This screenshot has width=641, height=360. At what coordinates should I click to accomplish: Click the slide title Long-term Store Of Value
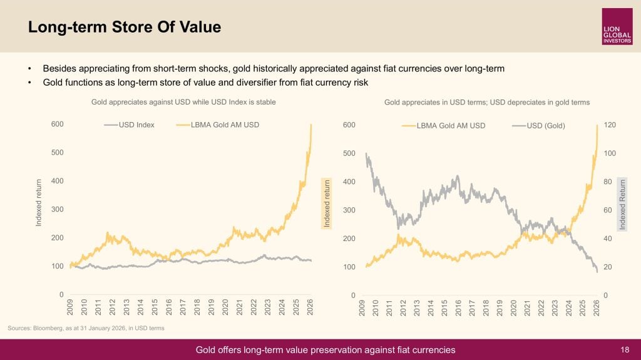click(x=125, y=27)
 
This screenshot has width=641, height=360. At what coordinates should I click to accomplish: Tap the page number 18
click(x=625, y=349)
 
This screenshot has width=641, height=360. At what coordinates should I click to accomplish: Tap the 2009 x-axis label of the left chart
click(x=70, y=307)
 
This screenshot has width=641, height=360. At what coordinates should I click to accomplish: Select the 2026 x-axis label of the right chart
click(x=597, y=307)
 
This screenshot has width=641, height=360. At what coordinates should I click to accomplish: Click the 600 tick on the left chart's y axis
click(x=57, y=124)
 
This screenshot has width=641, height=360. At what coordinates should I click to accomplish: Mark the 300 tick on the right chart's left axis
click(x=349, y=210)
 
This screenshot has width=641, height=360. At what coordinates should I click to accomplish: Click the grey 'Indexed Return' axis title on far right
click(x=622, y=204)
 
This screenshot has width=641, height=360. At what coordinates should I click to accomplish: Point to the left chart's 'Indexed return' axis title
click(x=39, y=202)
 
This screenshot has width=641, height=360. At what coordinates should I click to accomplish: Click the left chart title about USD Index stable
click(x=183, y=101)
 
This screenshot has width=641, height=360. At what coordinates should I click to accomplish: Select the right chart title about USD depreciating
click(x=486, y=102)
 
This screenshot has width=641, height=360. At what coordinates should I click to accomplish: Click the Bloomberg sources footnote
click(x=86, y=328)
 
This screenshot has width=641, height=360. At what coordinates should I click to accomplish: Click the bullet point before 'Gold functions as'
click(x=29, y=83)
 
